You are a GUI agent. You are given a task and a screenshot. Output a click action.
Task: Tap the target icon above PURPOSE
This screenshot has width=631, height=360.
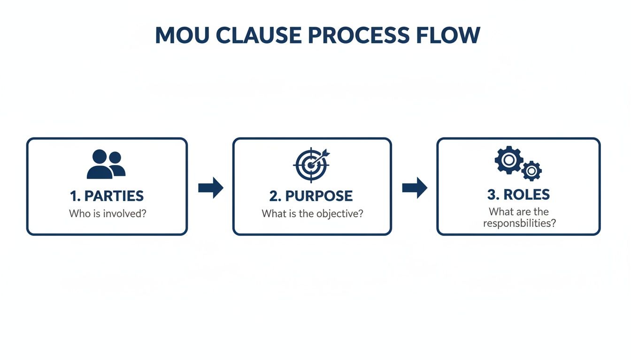[310, 165]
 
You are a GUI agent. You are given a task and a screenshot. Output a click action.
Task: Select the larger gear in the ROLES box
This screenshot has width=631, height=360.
[508, 160]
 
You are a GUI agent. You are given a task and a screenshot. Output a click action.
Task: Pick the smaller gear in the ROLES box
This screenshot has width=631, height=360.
[531, 171]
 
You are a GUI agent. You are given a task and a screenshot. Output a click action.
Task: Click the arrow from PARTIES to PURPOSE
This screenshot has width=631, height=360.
[210, 188]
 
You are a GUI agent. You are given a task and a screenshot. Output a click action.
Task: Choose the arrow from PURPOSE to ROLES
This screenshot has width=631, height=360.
[415, 188]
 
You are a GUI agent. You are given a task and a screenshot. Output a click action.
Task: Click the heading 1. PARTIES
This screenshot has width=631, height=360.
[107, 196]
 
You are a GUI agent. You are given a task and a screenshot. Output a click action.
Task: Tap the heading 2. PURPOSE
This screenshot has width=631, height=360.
[312, 196]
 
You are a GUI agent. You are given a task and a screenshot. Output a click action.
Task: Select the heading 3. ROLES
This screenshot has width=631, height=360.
[518, 195]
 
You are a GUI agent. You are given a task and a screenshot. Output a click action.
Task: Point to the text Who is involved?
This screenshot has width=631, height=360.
[107, 214]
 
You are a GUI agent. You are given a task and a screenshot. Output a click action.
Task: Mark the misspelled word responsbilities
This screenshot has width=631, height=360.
[519, 223]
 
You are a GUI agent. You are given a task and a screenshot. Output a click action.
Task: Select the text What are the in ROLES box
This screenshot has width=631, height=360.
[518, 212]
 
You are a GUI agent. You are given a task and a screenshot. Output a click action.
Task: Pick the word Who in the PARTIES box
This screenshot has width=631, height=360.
[78, 214]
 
